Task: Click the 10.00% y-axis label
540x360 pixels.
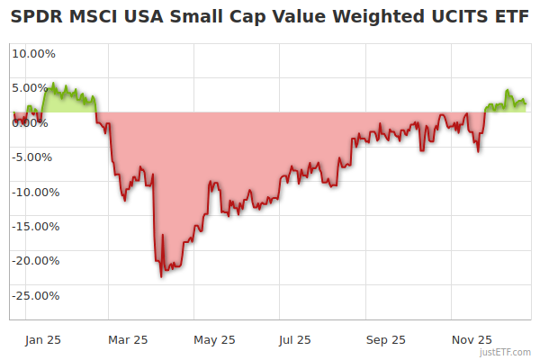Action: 33,53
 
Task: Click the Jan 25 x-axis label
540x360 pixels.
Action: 42,339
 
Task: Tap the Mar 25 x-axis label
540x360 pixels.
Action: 127,339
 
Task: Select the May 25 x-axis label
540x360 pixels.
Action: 214,339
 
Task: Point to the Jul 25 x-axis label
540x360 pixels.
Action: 294,339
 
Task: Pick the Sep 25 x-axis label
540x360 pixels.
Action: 385,339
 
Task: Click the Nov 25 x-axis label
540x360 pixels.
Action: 472,339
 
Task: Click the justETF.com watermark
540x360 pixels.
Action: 506,352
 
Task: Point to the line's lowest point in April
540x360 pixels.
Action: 160,276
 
